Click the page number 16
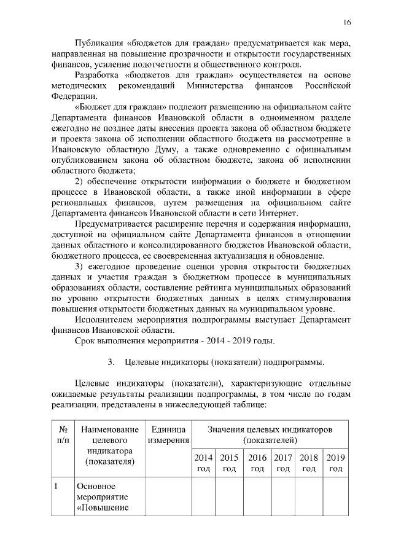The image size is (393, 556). pos(346,23)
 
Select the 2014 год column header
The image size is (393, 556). pos(203,463)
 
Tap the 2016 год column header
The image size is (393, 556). pos(257,463)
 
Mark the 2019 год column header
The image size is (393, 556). pos(335,463)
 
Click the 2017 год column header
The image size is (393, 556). pos(283,463)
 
